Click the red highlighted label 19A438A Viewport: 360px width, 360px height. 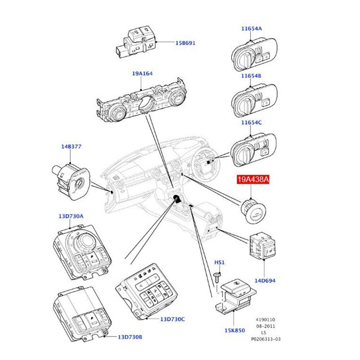[x=253, y=180]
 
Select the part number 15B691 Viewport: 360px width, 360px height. [x=185, y=43]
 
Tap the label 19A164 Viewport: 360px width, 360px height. [x=141, y=73]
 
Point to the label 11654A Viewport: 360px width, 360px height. [x=251, y=28]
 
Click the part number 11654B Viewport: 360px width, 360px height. [x=251, y=76]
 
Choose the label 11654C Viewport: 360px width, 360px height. [x=251, y=122]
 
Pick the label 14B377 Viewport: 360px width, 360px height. [x=71, y=147]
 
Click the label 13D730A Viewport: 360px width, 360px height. [x=71, y=216]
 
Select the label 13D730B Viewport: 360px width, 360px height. [x=130, y=337]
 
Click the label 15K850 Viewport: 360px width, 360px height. [x=235, y=331]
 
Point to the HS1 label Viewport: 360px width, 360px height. [x=219, y=262]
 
